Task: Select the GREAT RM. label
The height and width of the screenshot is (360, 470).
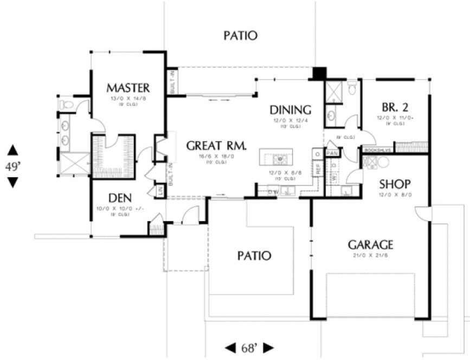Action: click(x=216, y=145)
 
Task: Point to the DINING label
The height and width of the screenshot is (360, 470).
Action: click(x=291, y=110)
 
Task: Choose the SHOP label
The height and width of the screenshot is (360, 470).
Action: click(x=394, y=184)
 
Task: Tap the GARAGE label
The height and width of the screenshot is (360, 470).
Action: click(x=370, y=245)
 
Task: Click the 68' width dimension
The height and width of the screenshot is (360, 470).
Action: click(x=249, y=347)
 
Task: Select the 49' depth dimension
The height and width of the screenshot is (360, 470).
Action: click(x=12, y=166)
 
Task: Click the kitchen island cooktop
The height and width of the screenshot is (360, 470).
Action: click(x=281, y=159)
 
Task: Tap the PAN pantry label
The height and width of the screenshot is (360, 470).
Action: click(x=332, y=153)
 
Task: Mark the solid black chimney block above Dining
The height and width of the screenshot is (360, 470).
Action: click(x=320, y=73)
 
